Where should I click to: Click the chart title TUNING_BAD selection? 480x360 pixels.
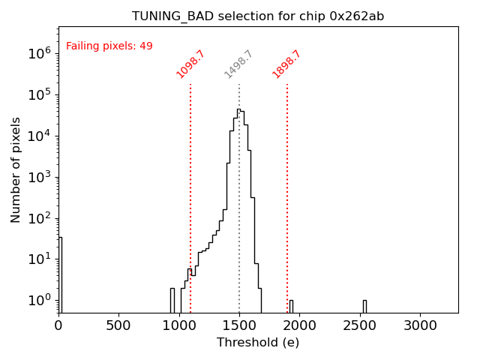pyautogui.click(x=258, y=16)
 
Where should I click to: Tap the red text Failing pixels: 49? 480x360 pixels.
pyautogui.click(x=109, y=46)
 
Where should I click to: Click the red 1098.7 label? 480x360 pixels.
pyautogui.click(x=190, y=64)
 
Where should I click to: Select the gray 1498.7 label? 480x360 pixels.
pyautogui.click(x=239, y=64)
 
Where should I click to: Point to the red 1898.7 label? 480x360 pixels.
pyautogui.click(x=286, y=64)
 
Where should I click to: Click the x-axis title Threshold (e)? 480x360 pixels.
pyautogui.click(x=258, y=343)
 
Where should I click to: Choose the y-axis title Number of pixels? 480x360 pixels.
pyautogui.click(x=16, y=169)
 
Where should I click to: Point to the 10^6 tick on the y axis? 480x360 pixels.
pyautogui.click(x=39, y=53)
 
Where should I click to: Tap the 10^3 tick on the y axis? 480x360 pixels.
pyautogui.click(x=39, y=177)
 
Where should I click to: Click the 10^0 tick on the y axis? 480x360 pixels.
pyautogui.click(x=39, y=301)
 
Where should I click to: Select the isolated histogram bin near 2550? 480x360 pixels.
pyautogui.click(x=364, y=306)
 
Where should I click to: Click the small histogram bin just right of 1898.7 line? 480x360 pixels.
pyautogui.click(x=291, y=306)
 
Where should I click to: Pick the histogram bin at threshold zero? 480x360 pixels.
pyautogui.click(x=60, y=274)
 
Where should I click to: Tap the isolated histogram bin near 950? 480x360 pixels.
pyautogui.click(x=172, y=300)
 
